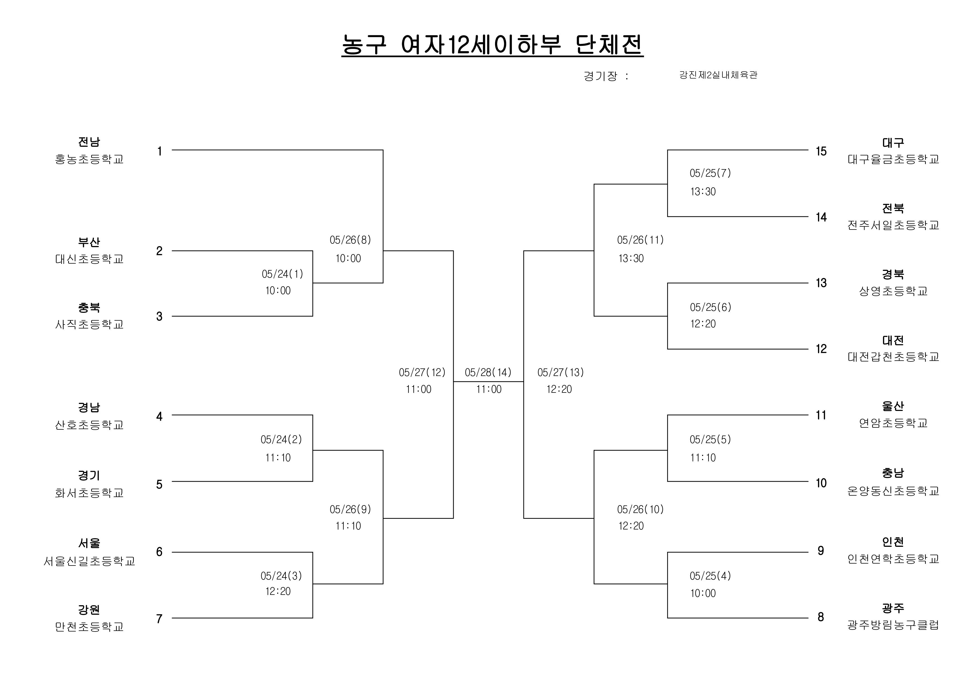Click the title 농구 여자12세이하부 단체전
coord(492,44)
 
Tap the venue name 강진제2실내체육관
coord(718,75)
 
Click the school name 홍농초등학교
coord(89,159)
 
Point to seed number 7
coord(159,619)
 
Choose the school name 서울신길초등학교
coord(89,561)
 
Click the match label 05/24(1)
coord(282,274)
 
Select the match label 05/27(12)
coord(422,373)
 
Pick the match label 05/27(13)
coord(560,373)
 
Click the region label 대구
coord(893,143)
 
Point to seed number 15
coord(821,151)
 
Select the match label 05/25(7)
coord(710,173)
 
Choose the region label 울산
coord(893,406)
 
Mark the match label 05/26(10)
coord(640,509)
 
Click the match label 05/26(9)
coord(350,509)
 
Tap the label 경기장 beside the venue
coord(600,76)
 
